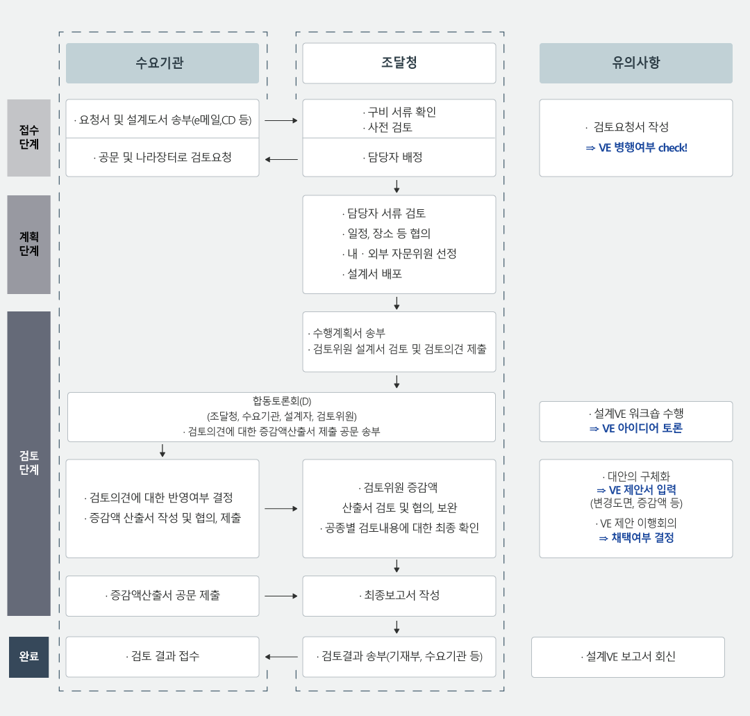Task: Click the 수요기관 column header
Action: click(x=162, y=63)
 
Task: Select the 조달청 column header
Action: click(x=399, y=63)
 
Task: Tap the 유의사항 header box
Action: click(x=635, y=63)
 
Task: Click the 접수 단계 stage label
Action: click(x=28, y=138)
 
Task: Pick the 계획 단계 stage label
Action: click(x=28, y=244)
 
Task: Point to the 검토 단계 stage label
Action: click(x=28, y=463)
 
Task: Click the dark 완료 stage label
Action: click(x=28, y=657)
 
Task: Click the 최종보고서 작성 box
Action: click(x=399, y=596)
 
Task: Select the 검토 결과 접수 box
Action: click(x=162, y=657)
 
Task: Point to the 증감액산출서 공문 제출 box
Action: click(x=162, y=596)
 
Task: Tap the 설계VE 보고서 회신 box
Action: click(x=628, y=657)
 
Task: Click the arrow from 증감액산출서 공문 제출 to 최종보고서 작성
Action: click(x=281, y=596)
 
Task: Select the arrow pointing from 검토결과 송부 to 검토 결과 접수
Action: click(x=281, y=657)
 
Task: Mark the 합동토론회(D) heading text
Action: click(x=282, y=401)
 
